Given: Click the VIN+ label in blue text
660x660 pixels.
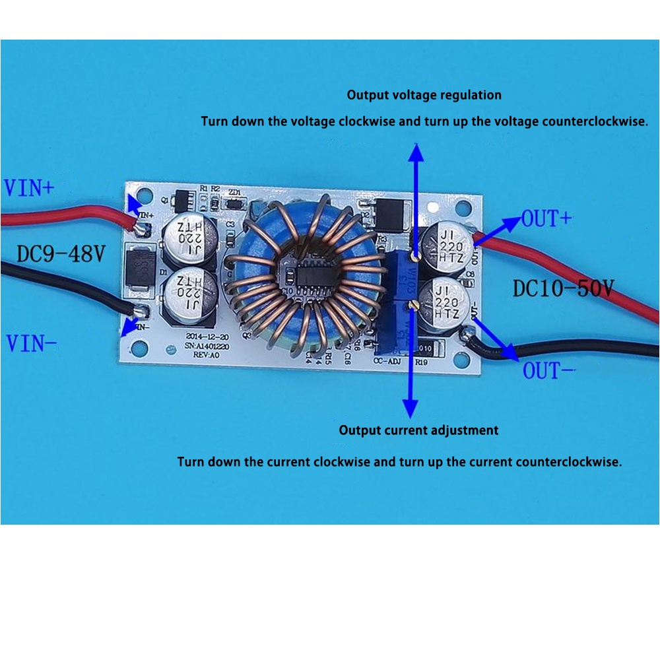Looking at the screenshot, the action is pyautogui.click(x=29, y=188).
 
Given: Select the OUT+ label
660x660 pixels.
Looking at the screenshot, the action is pyautogui.click(x=546, y=218).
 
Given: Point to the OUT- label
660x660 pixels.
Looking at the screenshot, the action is pyautogui.click(x=549, y=371).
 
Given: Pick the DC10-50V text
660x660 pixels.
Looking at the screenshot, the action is pyautogui.click(x=563, y=288).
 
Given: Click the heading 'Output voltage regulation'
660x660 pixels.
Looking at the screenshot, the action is pyautogui.click(x=424, y=95).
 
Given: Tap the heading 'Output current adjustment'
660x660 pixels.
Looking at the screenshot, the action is pyautogui.click(x=418, y=430).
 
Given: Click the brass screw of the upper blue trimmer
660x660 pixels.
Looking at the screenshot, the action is pyautogui.click(x=413, y=254).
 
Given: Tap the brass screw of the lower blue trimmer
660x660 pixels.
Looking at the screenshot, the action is pyautogui.click(x=412, y=304).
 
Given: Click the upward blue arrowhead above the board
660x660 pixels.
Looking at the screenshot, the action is pyautogui.click(x=415, y=152).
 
